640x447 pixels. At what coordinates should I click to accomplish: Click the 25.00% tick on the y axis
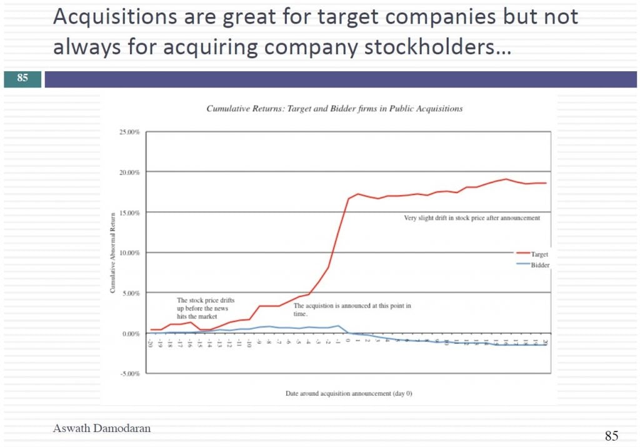(x=130, y=133)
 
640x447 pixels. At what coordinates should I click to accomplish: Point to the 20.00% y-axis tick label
(x=130, y=173)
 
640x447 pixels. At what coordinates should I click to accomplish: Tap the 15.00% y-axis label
(x=130, y=213)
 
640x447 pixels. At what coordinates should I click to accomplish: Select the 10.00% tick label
(x=130, y=253)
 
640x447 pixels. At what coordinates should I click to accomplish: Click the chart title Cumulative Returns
(x=334, y=109)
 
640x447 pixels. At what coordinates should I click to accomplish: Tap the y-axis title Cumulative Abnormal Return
(x=113, y=253)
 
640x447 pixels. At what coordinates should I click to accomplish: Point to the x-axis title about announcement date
(x=348, y=394)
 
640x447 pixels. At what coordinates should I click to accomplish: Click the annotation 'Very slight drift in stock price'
(x=472, y=218)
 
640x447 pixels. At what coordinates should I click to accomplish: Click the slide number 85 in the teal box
(x=22, y=79)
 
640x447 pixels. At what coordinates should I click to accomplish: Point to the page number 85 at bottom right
(x=611, y=436)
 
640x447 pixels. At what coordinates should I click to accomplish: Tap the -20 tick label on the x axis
(x=151, y=343)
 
